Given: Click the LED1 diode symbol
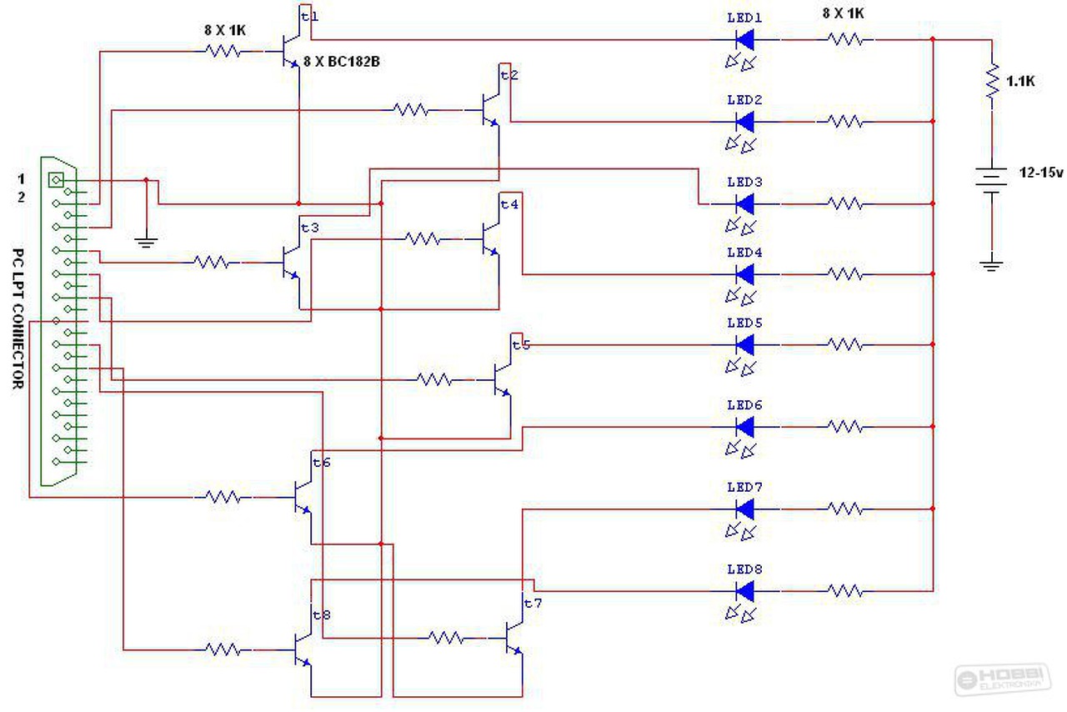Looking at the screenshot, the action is click(744, 39).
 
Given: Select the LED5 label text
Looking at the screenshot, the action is click(744, 323).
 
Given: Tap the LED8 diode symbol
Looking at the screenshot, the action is click(744, 591).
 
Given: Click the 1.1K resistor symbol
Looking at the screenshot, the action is click(992, 82).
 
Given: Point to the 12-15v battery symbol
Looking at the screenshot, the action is click(992, 180).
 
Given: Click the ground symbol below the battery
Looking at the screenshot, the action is click(992, 266).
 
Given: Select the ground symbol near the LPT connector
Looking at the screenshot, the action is click(146, 242).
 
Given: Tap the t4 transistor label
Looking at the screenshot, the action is click(509, 204).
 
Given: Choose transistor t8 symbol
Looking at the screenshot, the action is click(303, 649).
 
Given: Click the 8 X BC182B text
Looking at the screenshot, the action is click(342, 62).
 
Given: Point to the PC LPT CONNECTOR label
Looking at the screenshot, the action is click(18, 318).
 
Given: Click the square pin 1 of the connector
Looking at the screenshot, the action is click(56, 180).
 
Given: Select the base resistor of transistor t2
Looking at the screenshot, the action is click(411, 110).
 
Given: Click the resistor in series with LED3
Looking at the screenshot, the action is click(845, 203).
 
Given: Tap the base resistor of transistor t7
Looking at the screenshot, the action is click(446, 638).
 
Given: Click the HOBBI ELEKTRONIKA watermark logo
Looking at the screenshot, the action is click(1003, 679).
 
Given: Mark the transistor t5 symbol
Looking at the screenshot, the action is click(502, 380).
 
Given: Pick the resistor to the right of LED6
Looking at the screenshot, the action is click(845, 427).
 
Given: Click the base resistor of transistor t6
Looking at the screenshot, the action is click(223, 497).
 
